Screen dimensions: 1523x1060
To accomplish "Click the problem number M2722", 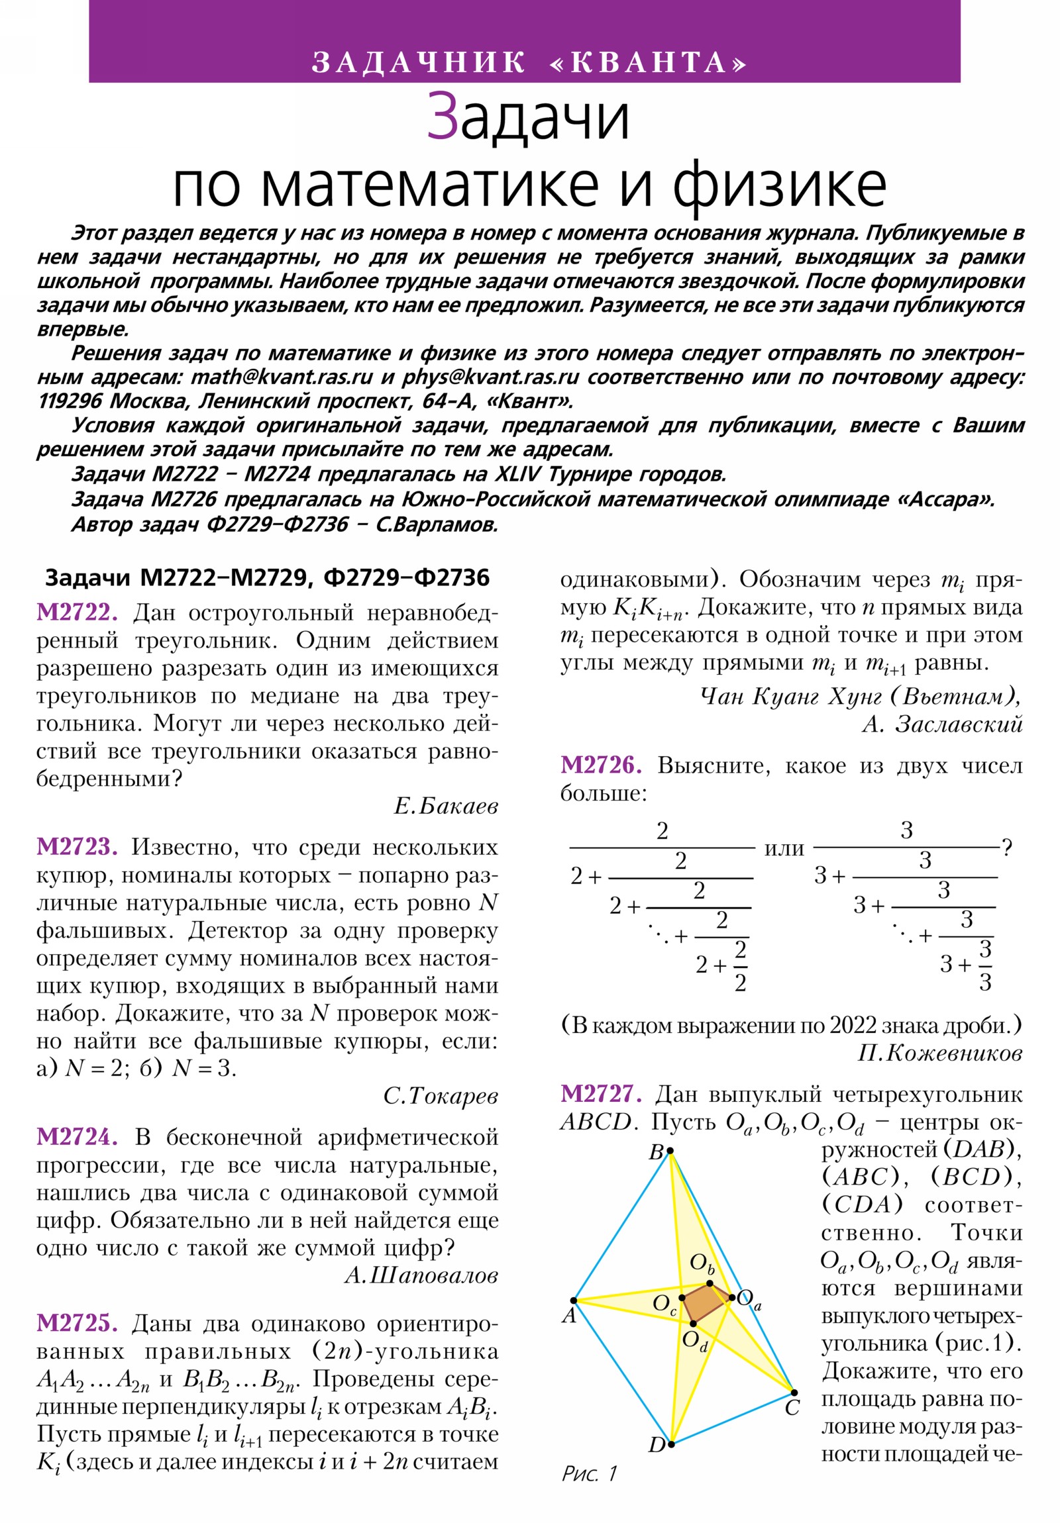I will point(77,613).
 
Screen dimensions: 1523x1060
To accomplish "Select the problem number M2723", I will point(77,847).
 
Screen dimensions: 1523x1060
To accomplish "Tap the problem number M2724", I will point(77,1137).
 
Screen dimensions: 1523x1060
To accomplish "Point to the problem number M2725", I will point(77,1323).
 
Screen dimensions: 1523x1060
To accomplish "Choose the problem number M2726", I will point(601,765).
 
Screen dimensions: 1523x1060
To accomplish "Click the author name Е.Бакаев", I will point(445,807).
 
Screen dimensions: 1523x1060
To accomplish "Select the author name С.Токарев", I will point(440,1096).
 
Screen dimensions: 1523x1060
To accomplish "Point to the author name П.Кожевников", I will point(939,1054).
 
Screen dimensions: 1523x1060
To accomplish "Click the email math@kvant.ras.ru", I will point(282,377).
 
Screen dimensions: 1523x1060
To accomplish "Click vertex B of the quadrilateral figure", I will point(670,1151).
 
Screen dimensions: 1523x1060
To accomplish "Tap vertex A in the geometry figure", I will point(574,1301).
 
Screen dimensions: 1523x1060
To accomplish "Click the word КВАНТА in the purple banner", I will point(649,63).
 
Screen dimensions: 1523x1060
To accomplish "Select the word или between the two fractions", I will point(784,848).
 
